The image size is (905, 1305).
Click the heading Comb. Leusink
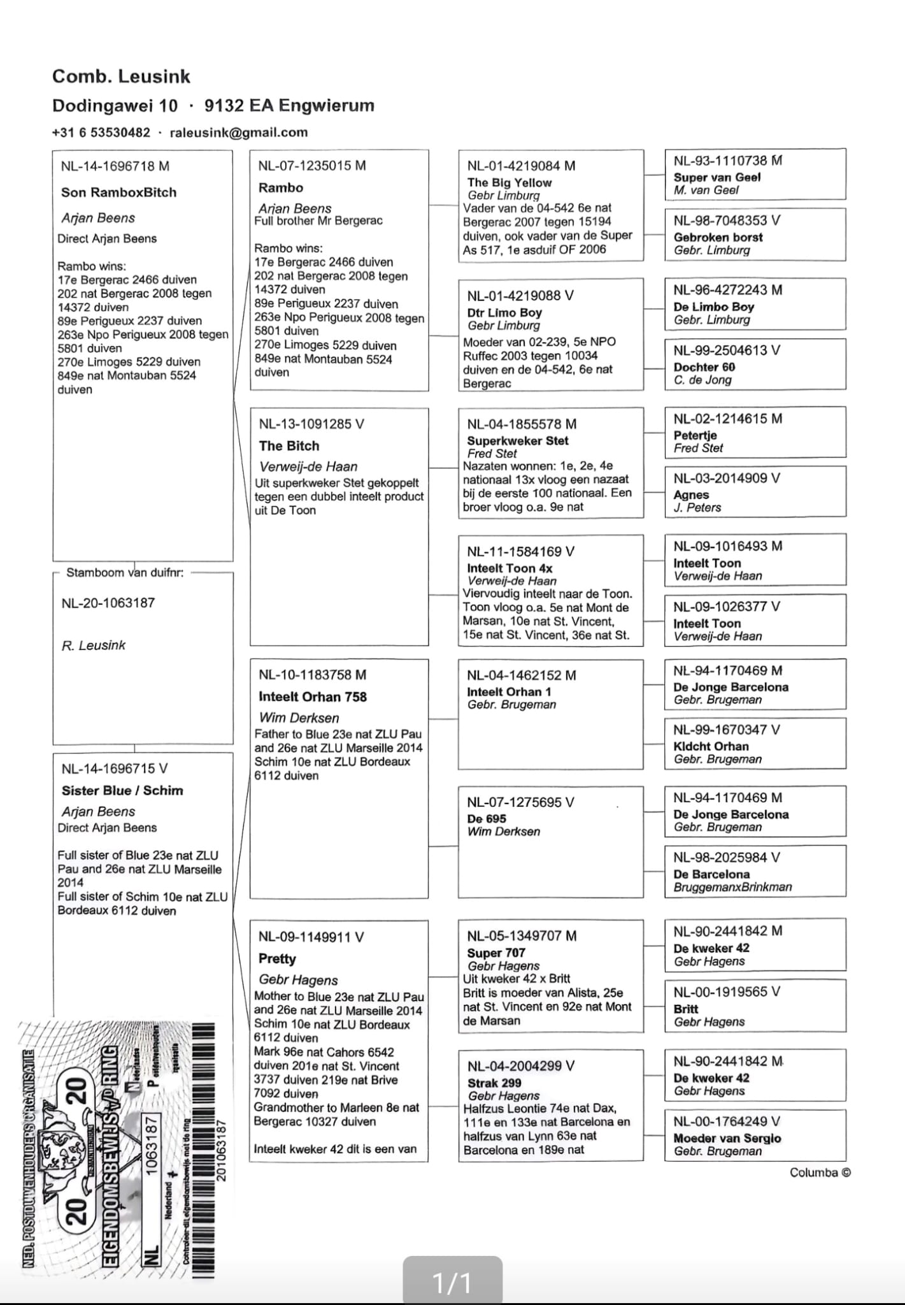point(121,76)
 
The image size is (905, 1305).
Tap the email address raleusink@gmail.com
point(239,133)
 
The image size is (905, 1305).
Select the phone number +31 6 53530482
point(101,133)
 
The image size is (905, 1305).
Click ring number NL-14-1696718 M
point(115,166)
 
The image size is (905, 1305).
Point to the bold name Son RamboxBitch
point(118,192)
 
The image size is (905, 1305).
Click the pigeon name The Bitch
point(289,446)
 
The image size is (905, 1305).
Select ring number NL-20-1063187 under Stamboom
point(108,603)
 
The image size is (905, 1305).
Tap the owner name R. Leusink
point(94,645)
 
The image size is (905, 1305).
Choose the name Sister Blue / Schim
point(122,791)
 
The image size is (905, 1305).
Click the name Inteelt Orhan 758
point(313,697)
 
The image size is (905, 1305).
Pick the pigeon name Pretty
point(277,959)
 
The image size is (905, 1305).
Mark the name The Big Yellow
point(510,183)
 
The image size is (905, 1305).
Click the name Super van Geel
point(717,178)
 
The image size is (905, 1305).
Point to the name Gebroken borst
point(718,237)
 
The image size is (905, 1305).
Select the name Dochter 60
point(704,367)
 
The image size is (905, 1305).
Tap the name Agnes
point(691,495)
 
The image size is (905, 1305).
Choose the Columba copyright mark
point(820,1172)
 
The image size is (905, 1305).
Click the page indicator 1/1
point(452,1282)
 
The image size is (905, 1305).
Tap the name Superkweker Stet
point(518,441)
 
